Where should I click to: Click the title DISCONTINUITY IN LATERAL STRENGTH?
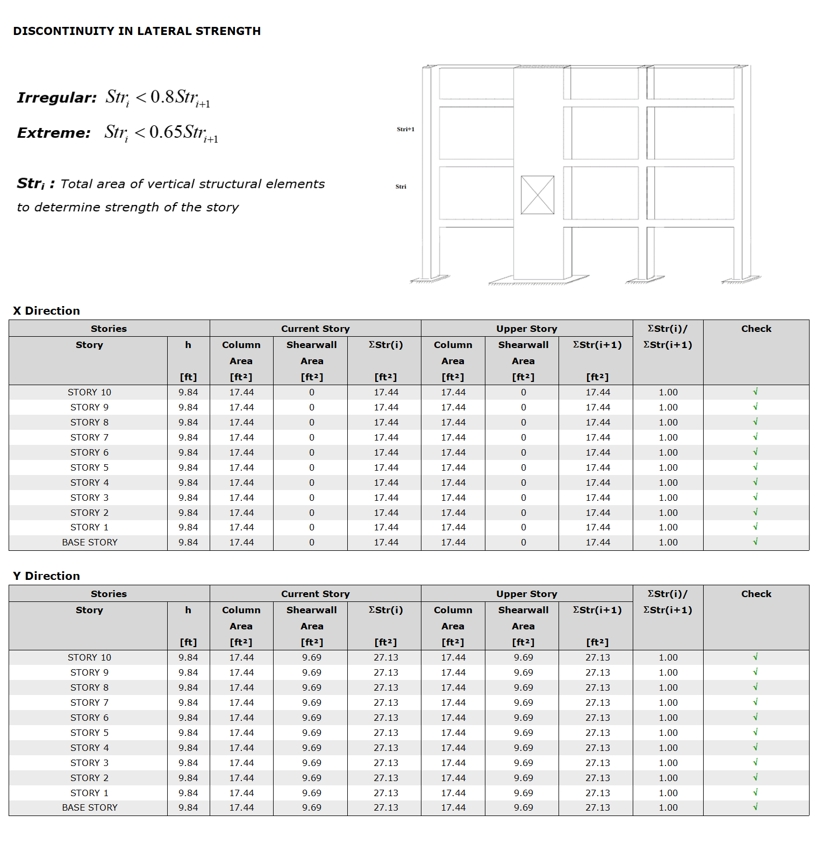point(137,31)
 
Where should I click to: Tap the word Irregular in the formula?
point(56,98)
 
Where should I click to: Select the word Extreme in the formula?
point(54,133)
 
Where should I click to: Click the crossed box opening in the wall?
point(537,195)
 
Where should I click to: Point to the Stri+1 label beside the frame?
point(405,129)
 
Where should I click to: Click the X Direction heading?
point(46,311)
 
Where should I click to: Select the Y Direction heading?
point(46,576)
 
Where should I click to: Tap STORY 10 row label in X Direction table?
point(89,392)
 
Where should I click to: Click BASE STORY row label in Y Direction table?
point(89,807)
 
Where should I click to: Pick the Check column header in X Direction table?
point(756,329)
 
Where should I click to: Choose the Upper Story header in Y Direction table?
point(526,594)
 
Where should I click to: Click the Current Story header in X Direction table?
point(315,329)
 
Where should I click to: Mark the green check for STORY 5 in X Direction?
point(755,467)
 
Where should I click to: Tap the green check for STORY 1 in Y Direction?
point(755,792)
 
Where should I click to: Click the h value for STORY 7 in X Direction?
point(188,437)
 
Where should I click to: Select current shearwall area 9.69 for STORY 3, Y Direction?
point(312,763)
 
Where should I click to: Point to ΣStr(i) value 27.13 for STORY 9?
point(386,672)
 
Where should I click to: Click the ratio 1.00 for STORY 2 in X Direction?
point(668,513)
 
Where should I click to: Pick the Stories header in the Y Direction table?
point(109,594)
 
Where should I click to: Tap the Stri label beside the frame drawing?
point(401,187)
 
